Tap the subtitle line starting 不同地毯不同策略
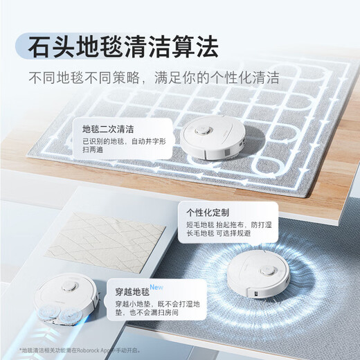154,78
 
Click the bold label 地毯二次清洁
108,129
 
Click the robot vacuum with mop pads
69,298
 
